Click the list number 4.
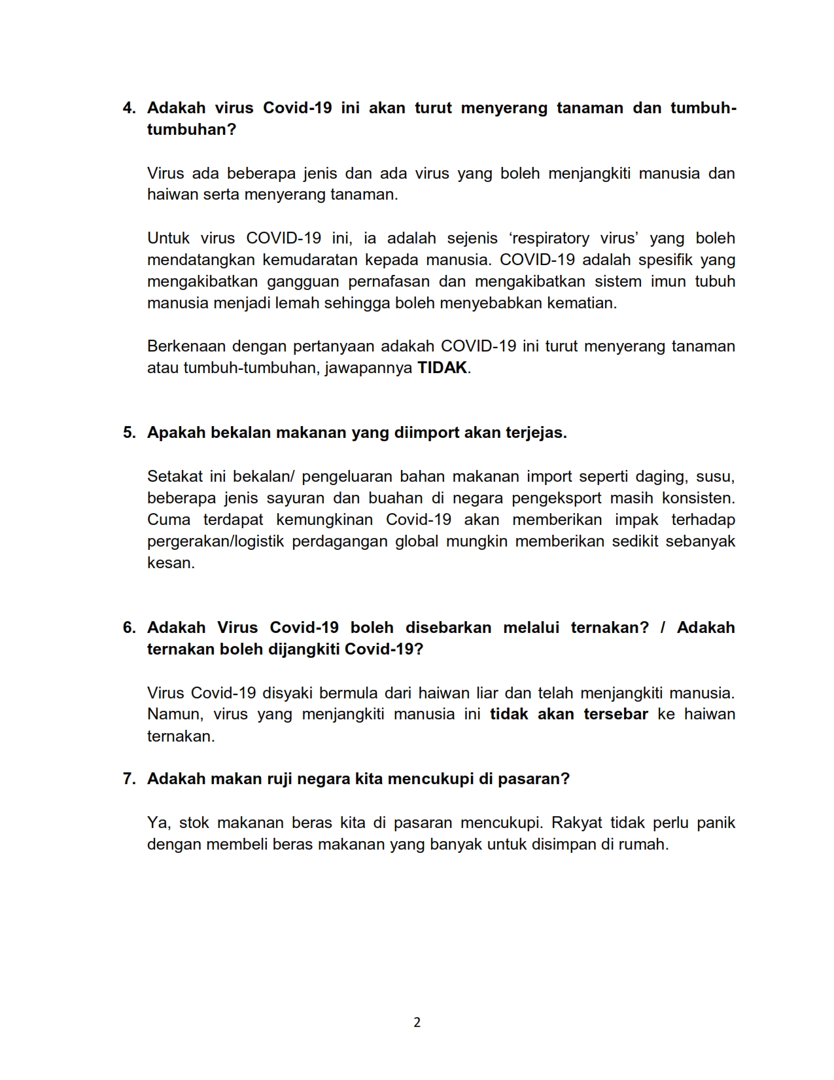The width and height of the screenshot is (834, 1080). [128, 108]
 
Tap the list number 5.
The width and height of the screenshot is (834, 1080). [128, 433]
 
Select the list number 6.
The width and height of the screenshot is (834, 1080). [128, 627]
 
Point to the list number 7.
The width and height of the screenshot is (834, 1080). [128, 779]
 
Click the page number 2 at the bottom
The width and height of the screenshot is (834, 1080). [417, 1022]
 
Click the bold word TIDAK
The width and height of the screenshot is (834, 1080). [442, 368]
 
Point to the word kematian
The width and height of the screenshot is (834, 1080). [583, 303]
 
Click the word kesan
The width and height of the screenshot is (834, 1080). [170, 563]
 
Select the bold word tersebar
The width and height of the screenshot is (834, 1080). [616, 714]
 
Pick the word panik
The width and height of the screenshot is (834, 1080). [716, 822]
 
